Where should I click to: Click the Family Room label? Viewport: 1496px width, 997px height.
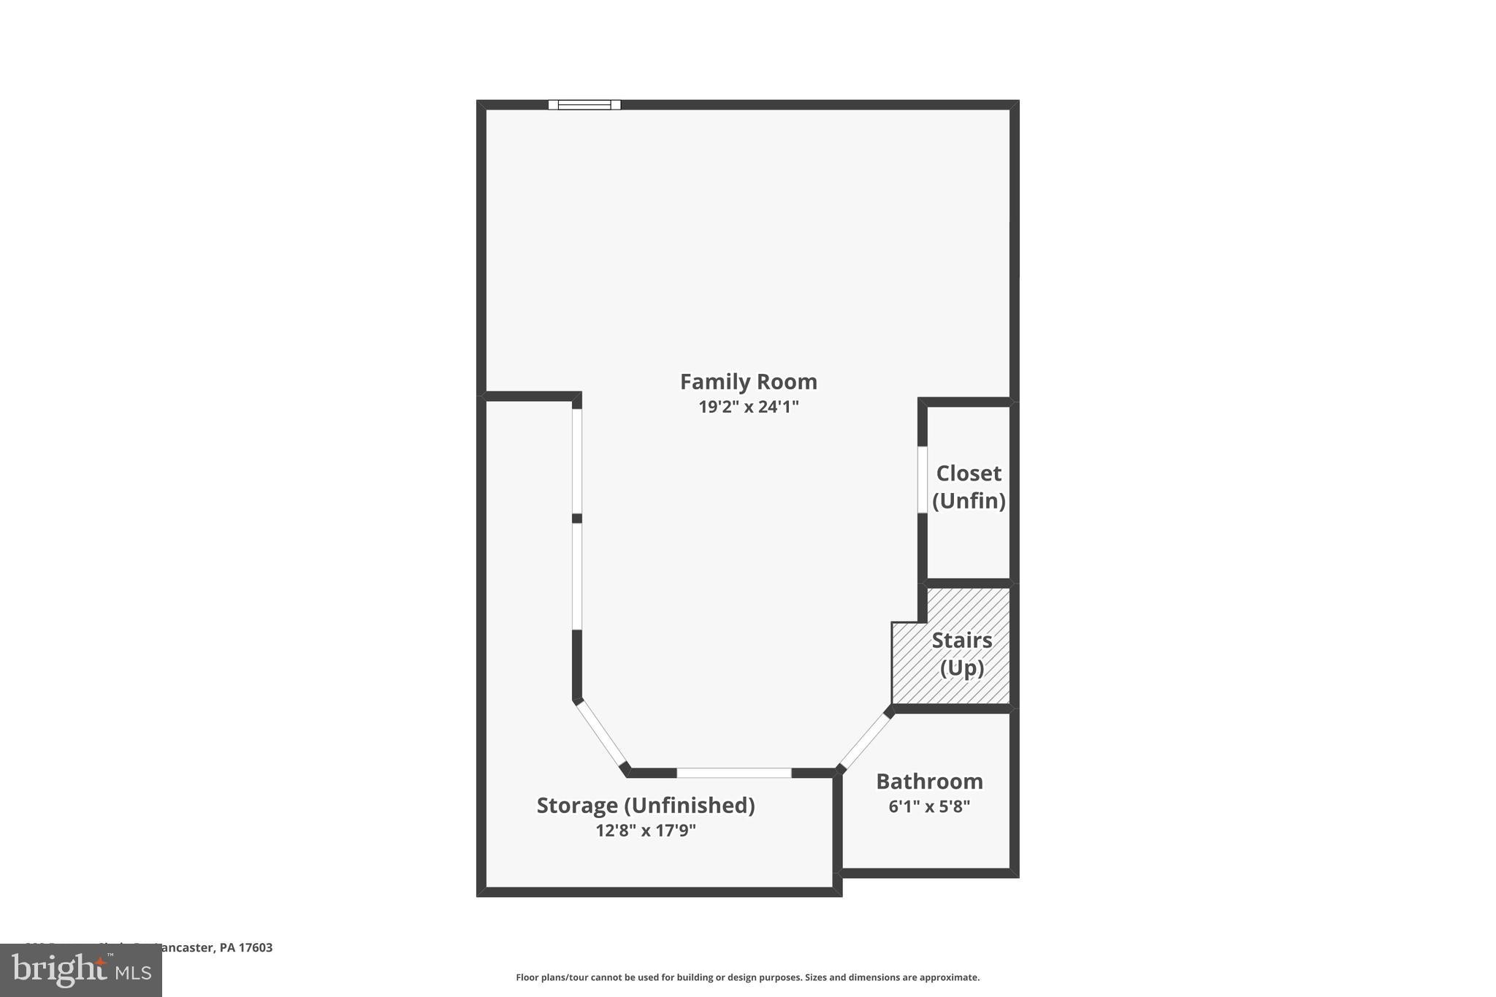(x=748, y=382)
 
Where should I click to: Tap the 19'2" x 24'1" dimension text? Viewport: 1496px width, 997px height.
(x=748, y=407)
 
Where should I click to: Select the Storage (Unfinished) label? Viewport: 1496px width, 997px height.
(x=646, y=805)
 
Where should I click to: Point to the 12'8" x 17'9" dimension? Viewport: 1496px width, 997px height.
(x=646, y=830)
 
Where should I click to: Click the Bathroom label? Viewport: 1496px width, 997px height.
(x=929, y=782)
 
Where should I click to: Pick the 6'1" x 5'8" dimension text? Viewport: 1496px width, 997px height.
(x=929, y=807)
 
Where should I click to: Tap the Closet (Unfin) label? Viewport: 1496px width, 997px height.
(x=969, y=486)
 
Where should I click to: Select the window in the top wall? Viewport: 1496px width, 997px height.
(x=584, y=105)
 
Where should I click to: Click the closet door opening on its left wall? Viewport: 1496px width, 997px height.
(x=923, y=479)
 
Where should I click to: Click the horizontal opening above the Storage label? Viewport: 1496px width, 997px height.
(x=733, y=773)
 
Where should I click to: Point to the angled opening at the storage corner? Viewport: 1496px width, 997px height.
(x=600, y=734)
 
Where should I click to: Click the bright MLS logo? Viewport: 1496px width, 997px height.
(x=81, y=970)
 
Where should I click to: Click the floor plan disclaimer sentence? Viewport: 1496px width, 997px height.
(x=747, y=977)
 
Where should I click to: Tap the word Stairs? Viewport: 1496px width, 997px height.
(x=961, y=641)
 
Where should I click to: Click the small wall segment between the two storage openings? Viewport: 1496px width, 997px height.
(x=576, y=518)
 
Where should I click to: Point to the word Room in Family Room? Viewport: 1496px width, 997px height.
(x=787, y=382)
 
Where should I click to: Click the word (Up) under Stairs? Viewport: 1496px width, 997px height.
(x=961, y=668)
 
